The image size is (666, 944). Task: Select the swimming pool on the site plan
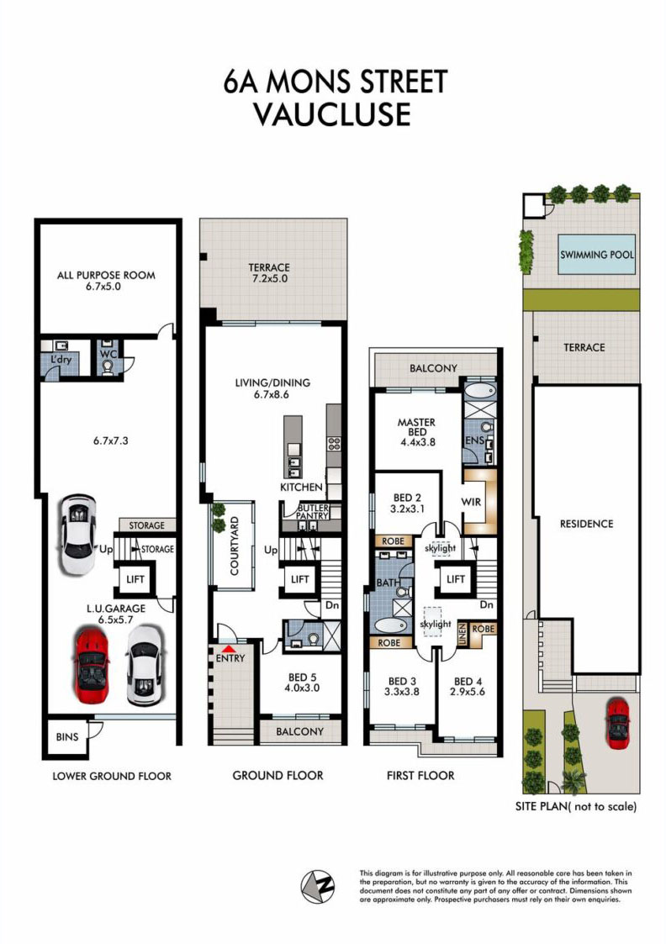click(597, 255)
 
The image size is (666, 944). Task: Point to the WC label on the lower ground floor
click(108, 354)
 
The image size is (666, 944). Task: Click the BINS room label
click(66, 737)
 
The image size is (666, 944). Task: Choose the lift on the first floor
click(456, 579)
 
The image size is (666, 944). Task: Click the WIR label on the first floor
click(471, 502)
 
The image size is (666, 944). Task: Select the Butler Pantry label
click(313, 512)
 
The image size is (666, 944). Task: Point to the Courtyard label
click(235, 546)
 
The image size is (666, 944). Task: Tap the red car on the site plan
click(617, 723)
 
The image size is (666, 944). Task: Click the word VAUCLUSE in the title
click(332, 114)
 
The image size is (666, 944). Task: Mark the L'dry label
click(61, 360)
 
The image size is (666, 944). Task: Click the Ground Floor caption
click(277, 775)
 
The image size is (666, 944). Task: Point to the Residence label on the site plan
click(586, 524)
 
